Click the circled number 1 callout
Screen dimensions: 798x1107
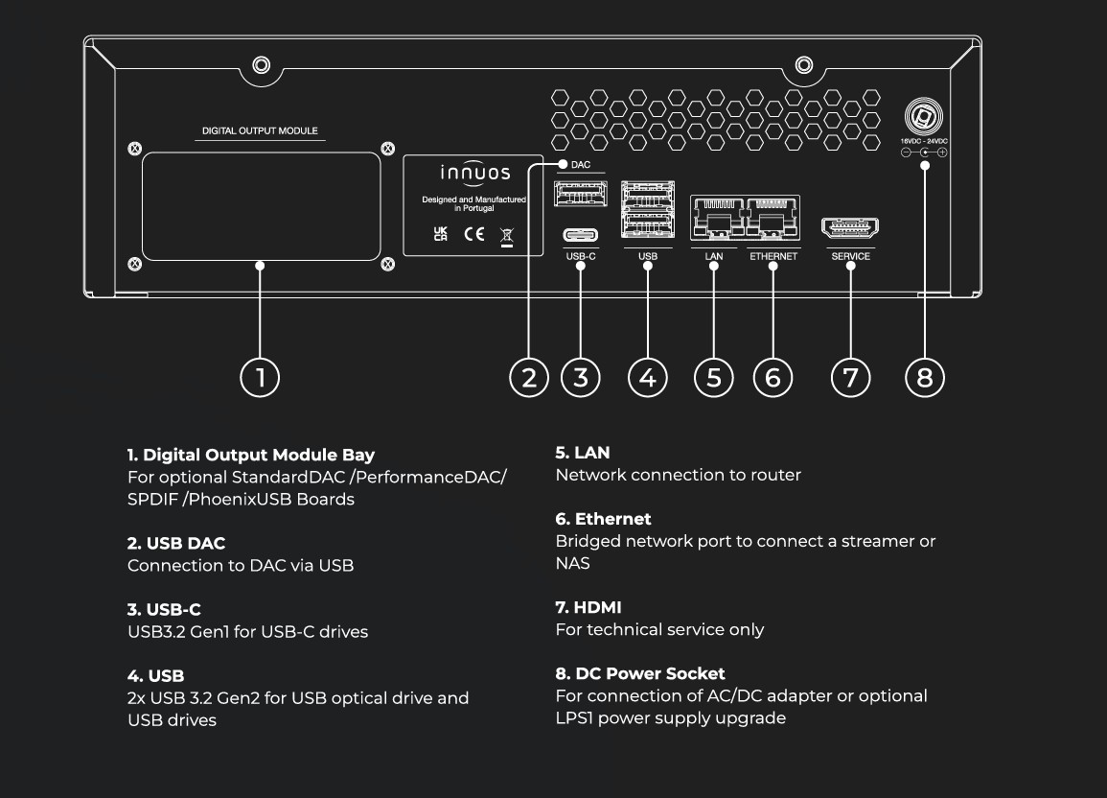pos(260,377)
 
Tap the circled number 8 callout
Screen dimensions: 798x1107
pos(924,377)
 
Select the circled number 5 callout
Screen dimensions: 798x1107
pos(713,377)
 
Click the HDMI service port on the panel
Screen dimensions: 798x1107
pos(850,228)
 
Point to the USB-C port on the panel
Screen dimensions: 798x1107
pos(581,234)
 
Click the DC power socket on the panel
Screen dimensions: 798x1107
pos(925,118)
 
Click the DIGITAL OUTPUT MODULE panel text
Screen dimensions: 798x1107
pos(260,131)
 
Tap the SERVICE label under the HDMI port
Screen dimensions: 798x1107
pos(851,256)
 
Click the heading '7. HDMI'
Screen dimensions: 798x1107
pos(588,607)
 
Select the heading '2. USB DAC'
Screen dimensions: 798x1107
pos(176,543)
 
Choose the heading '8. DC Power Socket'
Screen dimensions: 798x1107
pos(640,673)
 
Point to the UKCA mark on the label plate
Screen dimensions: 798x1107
pos(441,234)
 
